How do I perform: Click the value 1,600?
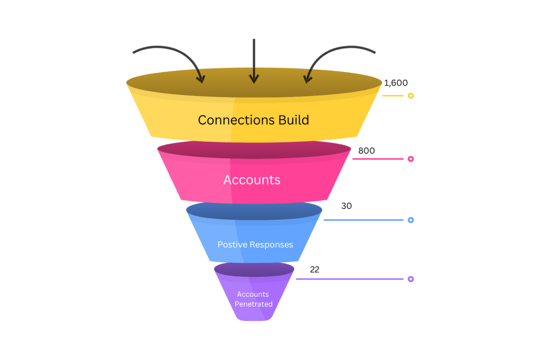pos(396,83)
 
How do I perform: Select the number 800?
pos(367,151)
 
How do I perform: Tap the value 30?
pos(346,206)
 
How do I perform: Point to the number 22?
pos(314,269)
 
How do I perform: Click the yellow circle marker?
pos(410,96)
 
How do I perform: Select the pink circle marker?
pos(410,159)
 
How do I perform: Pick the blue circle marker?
pos(410,220)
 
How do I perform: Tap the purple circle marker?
pos(410,279)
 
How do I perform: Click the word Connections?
pos(236,120)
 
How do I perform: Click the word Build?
pos(294,120)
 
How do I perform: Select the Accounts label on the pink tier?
pos(252,180)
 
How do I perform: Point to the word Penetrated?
pos(254,304)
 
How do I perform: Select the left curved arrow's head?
pos(201,79)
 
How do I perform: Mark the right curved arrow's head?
pos(307,79)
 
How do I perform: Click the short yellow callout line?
pos(392,96)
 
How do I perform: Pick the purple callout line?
pos(350,279)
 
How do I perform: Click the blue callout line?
pos(363,220)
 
